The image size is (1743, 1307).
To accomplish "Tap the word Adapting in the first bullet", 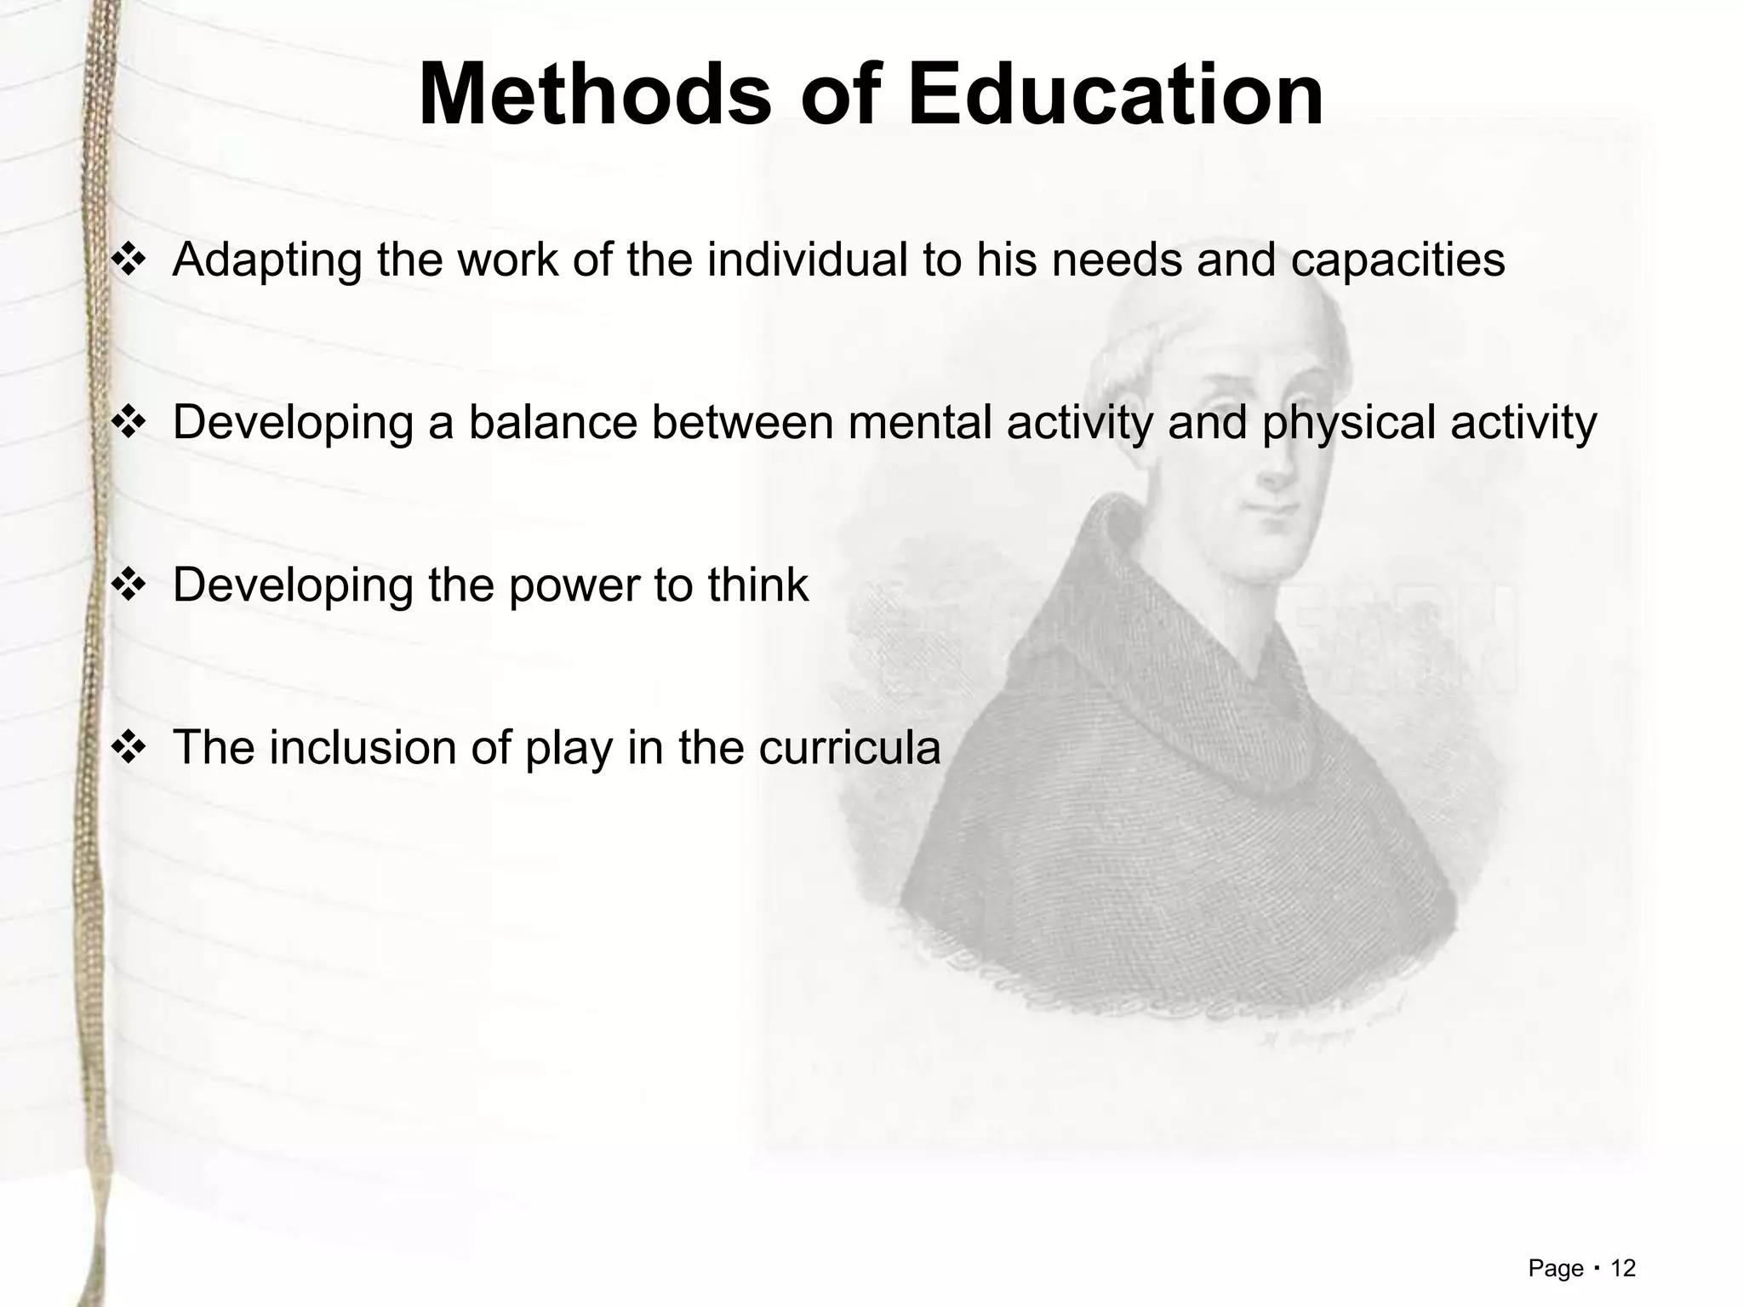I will click(x=267, y=260).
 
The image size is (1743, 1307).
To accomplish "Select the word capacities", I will click(x=1397, y=260).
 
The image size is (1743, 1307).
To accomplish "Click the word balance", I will click(x=552, y=422).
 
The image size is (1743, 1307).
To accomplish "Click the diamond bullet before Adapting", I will click(x=129, y=260).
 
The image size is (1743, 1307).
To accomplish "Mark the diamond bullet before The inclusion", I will click(x=129, y=748).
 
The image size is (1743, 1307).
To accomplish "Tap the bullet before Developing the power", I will click(x=129, y=585).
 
